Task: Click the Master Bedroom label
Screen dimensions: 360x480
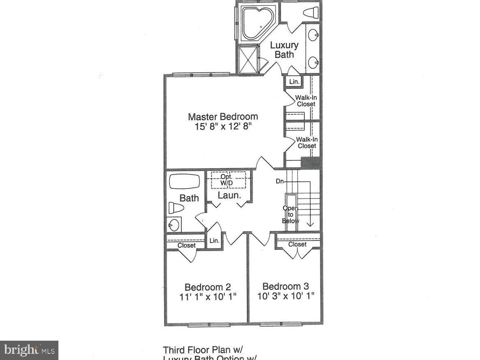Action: [x=223, y=116]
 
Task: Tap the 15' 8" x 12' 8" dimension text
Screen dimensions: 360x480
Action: [x=223, y=127]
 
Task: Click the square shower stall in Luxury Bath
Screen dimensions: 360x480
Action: [x=248, y=59]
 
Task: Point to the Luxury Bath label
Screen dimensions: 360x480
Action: [x=284, y=49]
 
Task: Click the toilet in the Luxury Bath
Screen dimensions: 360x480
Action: [x=311, y=12]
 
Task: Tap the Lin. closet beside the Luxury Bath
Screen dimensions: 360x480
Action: [x=294, y=82]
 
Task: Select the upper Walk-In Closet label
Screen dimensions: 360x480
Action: [x=306, y=101]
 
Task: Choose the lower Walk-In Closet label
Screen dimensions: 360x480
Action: [x=307, y=142]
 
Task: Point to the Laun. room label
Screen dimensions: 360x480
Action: [x=229, y=195]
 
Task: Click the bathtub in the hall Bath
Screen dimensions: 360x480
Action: [x=184, y=181]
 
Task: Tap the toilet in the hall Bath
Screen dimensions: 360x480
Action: [x=176, y=208]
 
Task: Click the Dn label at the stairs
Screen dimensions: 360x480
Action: [x=279, y=181]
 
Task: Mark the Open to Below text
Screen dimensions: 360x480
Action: [x=290, y=214]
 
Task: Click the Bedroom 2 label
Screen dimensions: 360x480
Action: [x=207, y=287]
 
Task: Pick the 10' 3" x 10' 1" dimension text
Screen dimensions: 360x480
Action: [x=286, y=296]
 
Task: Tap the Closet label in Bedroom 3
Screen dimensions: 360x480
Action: [x=297, y=244]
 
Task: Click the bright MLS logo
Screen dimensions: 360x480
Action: [x=29, y=350]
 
